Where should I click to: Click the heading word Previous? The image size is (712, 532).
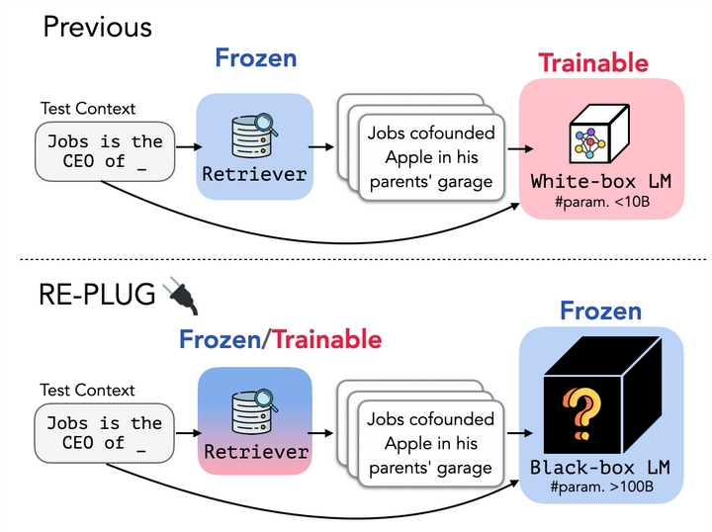coord(98,27)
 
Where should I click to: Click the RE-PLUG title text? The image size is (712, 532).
coord(97,294)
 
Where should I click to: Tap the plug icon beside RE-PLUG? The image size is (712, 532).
coord(183,295)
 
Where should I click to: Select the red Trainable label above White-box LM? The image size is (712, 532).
coord(593,62)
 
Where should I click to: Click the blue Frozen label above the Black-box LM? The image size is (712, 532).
coord(601,310)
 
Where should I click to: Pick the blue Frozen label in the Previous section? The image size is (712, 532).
coord(256,58)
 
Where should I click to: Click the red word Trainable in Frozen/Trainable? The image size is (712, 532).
coord(327,339)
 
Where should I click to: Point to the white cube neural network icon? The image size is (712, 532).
coord(599,133)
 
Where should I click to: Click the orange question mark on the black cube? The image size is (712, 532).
coord(582,413)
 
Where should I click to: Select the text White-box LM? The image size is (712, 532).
coord(601,182)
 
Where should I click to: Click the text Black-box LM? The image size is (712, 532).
coord(600,468)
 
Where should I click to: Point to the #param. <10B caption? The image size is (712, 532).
coord(602,202)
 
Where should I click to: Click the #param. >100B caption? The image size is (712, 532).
coord(601,488)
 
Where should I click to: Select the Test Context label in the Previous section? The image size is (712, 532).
coord(88,109)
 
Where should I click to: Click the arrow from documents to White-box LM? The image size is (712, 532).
coord(520,148)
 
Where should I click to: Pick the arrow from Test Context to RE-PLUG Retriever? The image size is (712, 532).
coord(189,433)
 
